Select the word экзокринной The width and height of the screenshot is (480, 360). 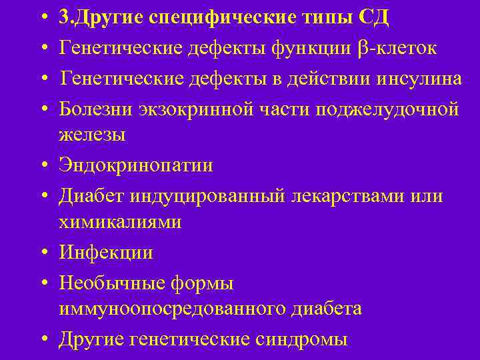click(x=188, y=109)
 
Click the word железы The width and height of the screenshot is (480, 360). click(x=91, y=135)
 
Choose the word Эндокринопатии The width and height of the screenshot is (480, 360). click(x=136, y=165)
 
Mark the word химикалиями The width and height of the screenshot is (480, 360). click(x=120, y=222)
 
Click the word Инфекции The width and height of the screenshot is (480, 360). click(x=106, y=253)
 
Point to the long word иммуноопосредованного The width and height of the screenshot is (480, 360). click(x=174, y=309)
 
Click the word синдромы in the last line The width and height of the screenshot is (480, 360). click(x=301, y=339)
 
